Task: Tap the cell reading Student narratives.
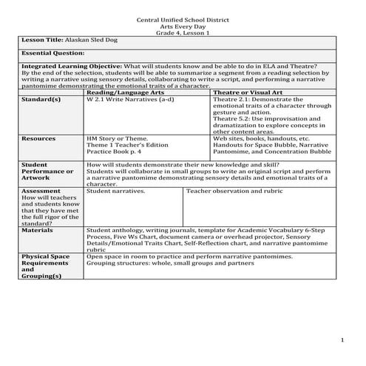116,191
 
